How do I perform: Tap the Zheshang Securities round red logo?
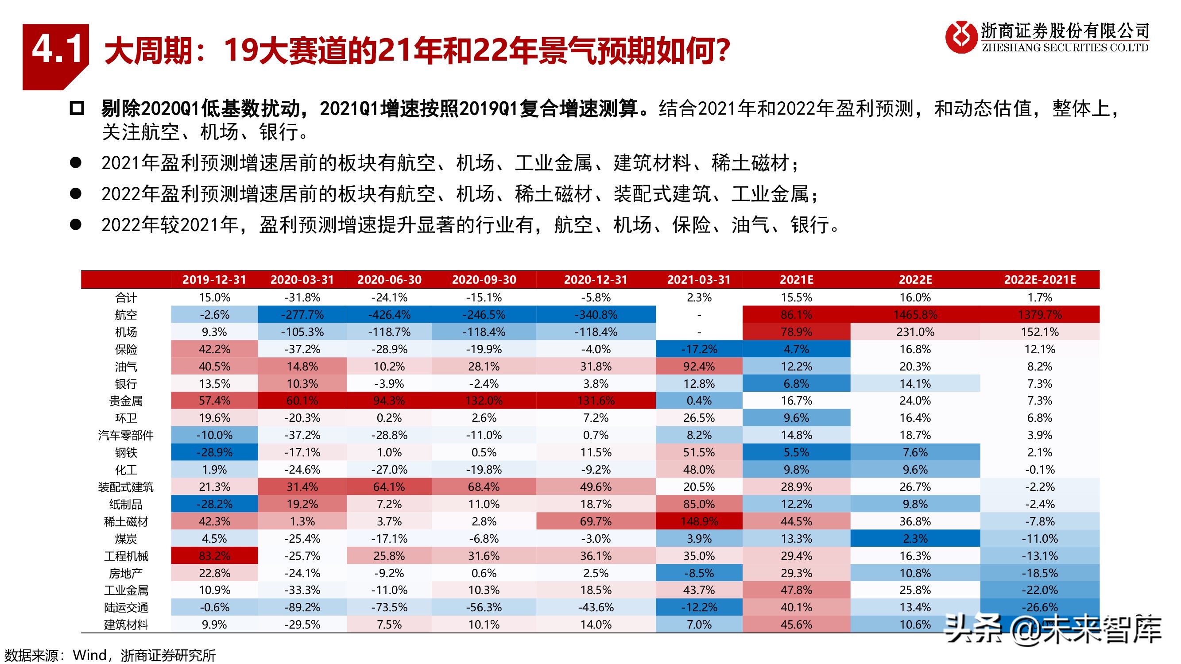961,38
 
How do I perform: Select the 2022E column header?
915,279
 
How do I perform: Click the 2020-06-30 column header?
389,279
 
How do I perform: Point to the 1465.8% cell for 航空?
915,315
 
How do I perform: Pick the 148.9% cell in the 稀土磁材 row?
699,521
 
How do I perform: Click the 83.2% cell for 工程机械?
215,556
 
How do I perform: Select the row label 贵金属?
126,401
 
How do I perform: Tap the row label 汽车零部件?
126,435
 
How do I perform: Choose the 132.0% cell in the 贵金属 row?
484,401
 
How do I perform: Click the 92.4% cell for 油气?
699,367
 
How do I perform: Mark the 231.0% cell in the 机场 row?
915,332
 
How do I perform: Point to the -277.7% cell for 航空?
302,315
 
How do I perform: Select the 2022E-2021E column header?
1040,279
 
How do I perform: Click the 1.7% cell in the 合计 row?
1040,297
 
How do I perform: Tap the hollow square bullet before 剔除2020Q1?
77,108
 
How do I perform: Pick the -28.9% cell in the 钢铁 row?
215,452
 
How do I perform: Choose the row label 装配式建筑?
126,487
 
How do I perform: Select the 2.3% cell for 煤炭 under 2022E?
915,538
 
